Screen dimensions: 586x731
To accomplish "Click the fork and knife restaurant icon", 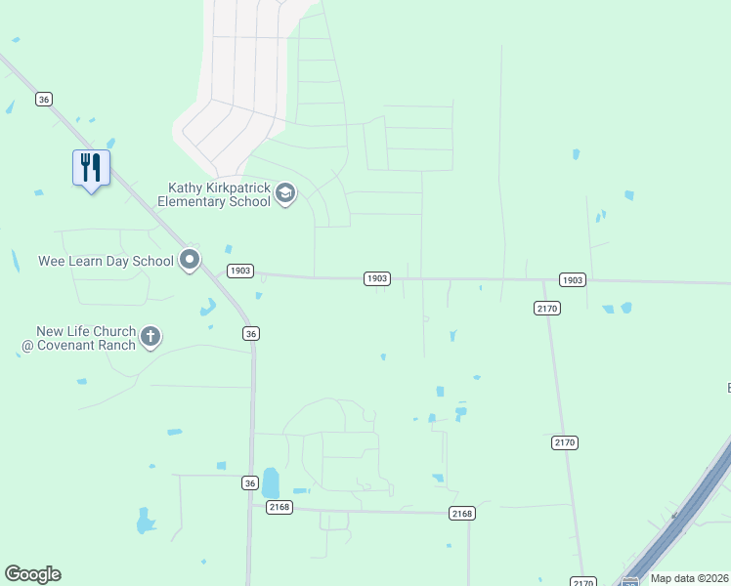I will click(91, 168).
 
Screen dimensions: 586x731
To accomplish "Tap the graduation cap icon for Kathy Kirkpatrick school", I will click(285, 192).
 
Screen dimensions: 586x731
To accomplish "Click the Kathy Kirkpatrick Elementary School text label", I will click(219, 194).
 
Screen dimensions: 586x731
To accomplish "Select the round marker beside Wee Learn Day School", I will click(190, 260).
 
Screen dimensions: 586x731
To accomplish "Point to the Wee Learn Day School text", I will click(106, 261).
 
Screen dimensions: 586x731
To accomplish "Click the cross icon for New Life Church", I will click(150, 337).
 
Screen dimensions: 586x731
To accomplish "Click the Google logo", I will click(32, 574).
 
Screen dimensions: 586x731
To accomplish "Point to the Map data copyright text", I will click(690, 578).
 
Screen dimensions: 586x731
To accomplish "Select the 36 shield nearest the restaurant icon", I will click(43, 99).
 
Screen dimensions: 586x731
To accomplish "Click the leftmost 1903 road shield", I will click(240, 271).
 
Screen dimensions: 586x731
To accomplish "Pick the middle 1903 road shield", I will click(377, 278).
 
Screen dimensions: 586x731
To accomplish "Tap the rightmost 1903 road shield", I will click(573, 280).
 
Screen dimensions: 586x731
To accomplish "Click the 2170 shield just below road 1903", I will click(546, 308).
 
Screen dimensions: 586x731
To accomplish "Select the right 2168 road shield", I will click(462, 514).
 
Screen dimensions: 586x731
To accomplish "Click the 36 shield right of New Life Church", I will click(251, 334).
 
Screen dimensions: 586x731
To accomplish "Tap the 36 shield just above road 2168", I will click(250, 482).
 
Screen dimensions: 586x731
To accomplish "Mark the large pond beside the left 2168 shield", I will click(271, 482).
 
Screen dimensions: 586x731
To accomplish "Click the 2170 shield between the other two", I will click(565, 442).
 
